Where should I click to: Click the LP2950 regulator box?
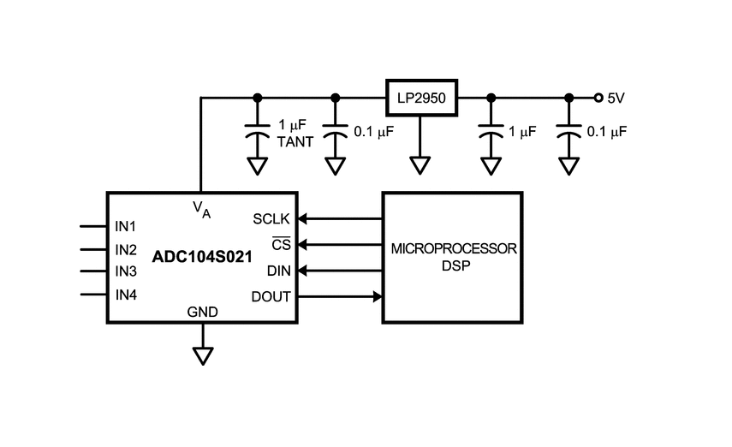pos(421,98)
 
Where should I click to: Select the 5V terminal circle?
pos(598,98)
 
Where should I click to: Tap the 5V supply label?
pos(616,98)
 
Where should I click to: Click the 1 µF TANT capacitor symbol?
pos(257,131)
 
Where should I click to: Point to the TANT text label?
pos(295,142)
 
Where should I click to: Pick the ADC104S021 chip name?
pos(202,256)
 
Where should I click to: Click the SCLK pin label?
pos(271,219)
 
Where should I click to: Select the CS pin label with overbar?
pos(281,244)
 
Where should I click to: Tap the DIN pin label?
pos(279,271)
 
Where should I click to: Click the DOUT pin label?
pos(271,296)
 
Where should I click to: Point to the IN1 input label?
pos(126,227)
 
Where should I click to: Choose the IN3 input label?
pos(126,271)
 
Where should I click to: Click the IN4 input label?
pos(126,295)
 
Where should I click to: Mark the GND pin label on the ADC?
pos(203,312)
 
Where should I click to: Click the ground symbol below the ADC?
pos(203,356)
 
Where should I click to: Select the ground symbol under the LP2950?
pos(420,166)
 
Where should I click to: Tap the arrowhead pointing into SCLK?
pos(302,218)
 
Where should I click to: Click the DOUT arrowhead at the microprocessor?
pos(378,296)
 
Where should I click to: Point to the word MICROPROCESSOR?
pos(454,248)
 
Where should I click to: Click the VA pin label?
pos(202,209)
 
